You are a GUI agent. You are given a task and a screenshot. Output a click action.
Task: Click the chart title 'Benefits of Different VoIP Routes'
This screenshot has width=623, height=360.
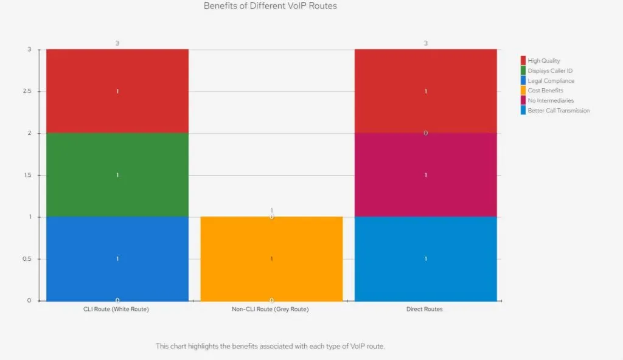click(270, 6)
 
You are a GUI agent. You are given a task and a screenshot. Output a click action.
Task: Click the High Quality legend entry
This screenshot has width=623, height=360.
click(543, 61)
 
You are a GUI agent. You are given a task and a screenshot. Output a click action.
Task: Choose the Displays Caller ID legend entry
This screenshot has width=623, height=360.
click(549, 71)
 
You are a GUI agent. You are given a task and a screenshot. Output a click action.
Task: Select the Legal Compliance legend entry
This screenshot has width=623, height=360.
click(551, 81)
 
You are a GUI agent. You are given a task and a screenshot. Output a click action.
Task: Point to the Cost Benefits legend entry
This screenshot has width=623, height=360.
click(545, 91)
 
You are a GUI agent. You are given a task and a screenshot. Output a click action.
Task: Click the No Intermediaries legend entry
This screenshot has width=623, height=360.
click(550, 100)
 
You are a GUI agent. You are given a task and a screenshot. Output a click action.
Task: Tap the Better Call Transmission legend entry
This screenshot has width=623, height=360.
click(558, 111)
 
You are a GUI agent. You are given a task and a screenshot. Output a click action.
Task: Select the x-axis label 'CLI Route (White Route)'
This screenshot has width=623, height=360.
click(116, 310)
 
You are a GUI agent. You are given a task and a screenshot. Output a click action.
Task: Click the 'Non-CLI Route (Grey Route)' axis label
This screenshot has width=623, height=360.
click(270, 310)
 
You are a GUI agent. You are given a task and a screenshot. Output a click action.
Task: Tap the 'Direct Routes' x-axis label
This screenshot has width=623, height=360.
click(425, 310)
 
